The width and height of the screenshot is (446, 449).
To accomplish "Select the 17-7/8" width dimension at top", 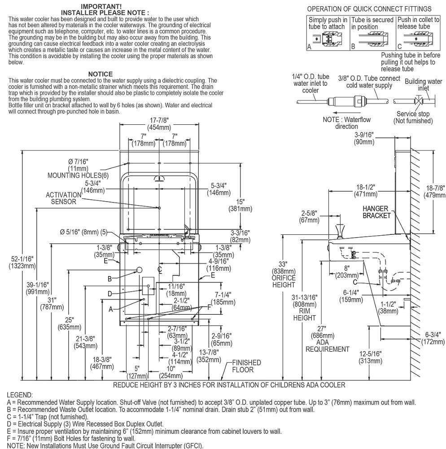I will (x=159, y=123).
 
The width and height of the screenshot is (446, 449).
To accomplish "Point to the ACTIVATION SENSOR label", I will (x=63, y=198).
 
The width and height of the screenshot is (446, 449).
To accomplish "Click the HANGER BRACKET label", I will (x=376, y=212).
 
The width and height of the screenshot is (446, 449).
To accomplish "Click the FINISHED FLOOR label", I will (x=245, y=366).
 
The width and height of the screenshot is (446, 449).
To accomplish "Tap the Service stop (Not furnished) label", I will (x=413, y=118).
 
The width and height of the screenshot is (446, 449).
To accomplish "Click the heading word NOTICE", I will (x=100, y=74).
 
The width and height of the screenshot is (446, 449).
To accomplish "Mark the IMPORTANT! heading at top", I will (x=101, y=6).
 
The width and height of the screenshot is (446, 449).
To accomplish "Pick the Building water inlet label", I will (x=423, y=84).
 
